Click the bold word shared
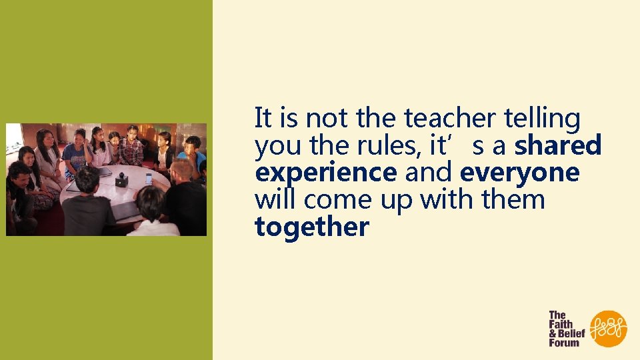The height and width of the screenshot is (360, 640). (558, 145)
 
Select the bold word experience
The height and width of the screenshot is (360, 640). (325, 173)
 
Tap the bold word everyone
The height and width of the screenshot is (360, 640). (519, 173)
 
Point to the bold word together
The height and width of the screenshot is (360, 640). (311, 227)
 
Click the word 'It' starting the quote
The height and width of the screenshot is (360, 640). (263, 119)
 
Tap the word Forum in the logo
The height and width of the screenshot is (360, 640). (563, 343)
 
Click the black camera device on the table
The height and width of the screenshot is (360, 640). (121, 180)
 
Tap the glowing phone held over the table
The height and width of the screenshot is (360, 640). (148, 179)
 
